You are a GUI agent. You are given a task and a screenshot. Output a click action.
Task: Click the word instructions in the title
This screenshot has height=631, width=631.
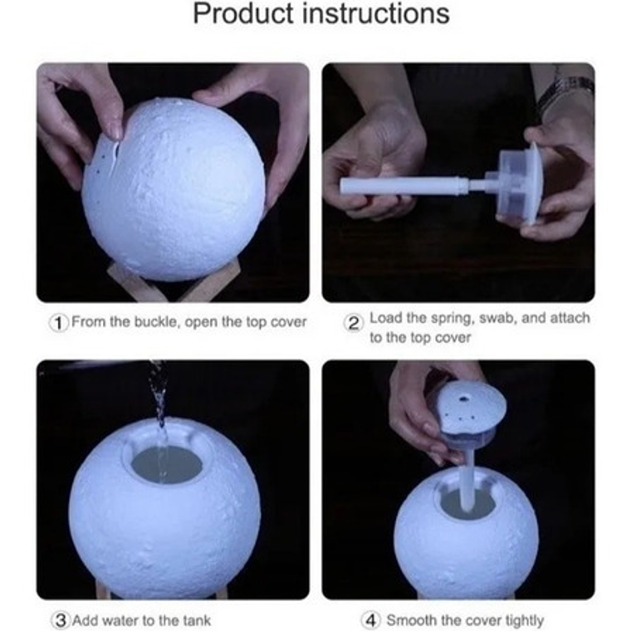tap(379, 14)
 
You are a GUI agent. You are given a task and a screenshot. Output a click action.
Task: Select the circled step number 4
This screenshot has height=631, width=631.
tap(372, 620)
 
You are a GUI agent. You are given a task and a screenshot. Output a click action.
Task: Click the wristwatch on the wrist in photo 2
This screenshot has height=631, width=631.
tap(566, 90)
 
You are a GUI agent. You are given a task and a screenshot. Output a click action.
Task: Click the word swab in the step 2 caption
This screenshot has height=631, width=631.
tap(510, 318)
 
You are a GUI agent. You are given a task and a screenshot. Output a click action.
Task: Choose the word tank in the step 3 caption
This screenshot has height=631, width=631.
tap(195, 620)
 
